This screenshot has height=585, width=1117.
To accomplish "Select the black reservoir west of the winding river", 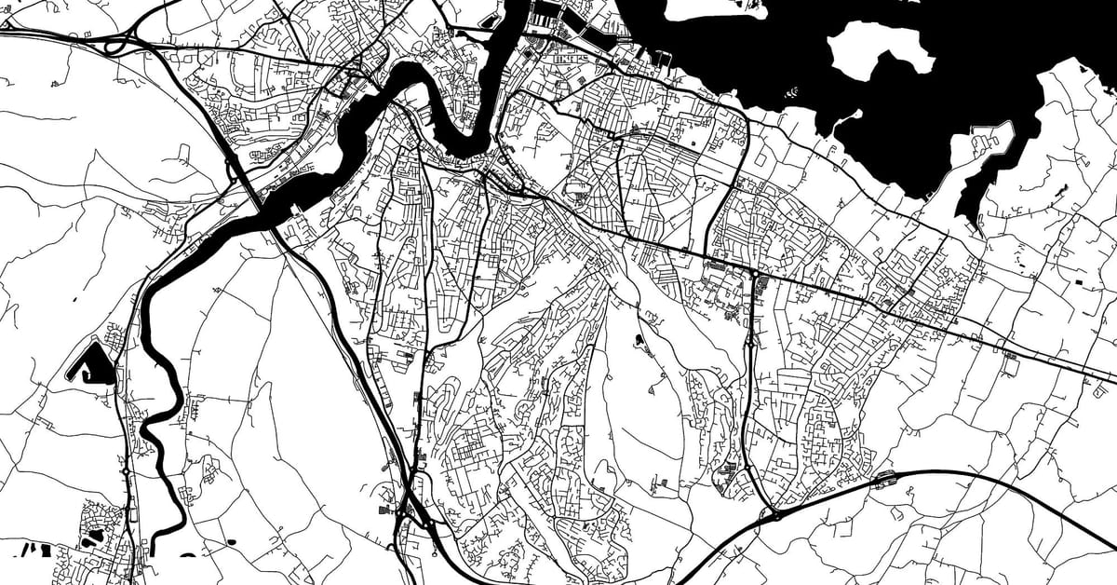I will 94,365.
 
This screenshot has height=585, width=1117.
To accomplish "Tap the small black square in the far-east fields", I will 1079,281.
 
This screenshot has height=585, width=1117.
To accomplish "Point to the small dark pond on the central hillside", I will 639,340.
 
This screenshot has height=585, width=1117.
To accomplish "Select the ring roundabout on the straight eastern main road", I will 751,273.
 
